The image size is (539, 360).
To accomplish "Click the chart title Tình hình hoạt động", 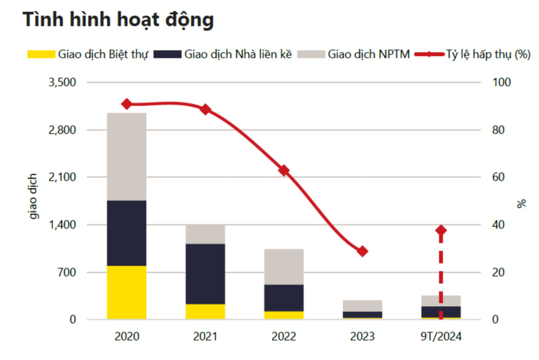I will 118,19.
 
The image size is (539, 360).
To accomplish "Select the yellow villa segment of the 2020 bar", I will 127,292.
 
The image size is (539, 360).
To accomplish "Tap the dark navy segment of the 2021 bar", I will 205,273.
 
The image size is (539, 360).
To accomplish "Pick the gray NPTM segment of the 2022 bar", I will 284,267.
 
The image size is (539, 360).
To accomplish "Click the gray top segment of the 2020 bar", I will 127,157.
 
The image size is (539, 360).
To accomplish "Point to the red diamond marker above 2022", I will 284,170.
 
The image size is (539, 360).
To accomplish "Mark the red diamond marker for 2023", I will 362,251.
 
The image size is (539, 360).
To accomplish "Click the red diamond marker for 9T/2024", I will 441,230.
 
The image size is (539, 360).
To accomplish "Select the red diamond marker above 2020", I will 127,104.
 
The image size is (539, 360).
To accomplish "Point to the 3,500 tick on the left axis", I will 62,82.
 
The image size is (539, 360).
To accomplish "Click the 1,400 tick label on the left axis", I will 62,225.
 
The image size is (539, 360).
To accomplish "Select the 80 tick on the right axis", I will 498,130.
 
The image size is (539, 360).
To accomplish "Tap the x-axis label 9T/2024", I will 441,336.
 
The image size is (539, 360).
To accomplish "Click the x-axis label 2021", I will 205,336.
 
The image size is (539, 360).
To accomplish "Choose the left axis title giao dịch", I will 33,196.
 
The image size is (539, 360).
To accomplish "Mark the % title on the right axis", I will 521,203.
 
